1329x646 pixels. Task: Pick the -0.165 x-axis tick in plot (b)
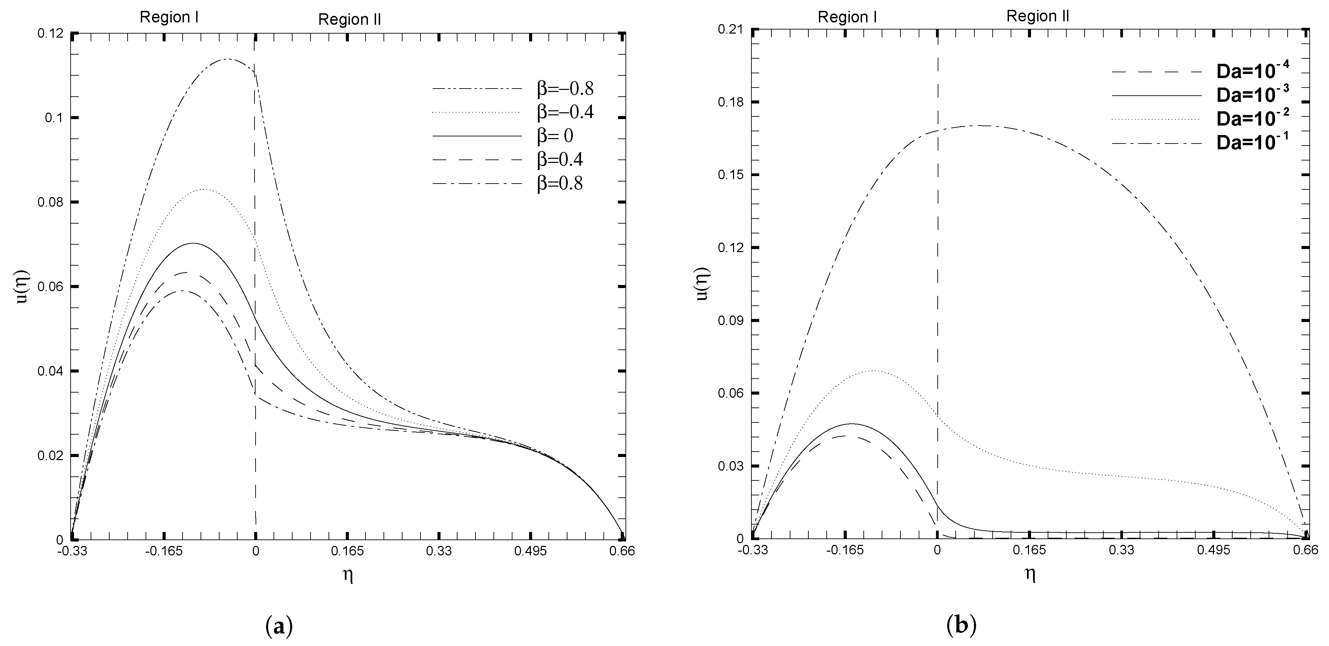click(845, 551)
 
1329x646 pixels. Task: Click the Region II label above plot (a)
click(349, 20)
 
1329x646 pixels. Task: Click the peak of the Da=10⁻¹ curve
click(980, 126)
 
